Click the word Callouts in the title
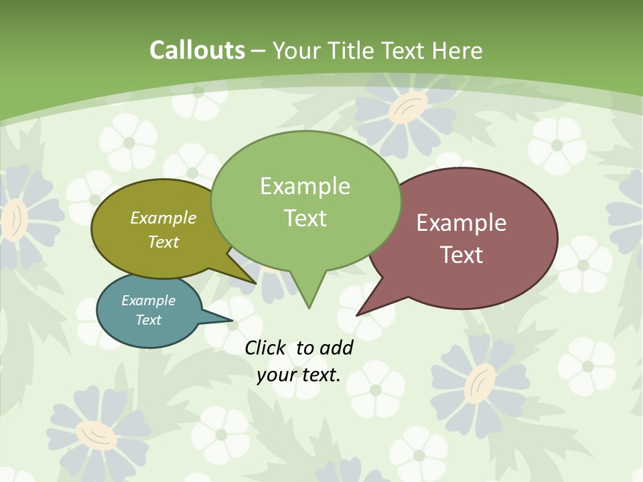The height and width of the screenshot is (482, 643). pos(197,50)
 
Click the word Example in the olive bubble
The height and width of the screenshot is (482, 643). pos(163,218)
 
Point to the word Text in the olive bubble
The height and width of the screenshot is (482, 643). pos(163,242)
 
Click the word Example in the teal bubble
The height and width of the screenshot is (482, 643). pos(148,301)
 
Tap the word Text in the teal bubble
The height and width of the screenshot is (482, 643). pos(148,320)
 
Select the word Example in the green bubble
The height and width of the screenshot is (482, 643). pos(305,185)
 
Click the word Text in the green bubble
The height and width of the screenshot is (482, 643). pos(305,218)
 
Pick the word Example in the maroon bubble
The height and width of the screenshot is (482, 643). pos(461,222)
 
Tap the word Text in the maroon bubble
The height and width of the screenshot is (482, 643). pos(461,254)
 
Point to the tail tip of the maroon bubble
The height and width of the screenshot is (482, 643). pos(358,314)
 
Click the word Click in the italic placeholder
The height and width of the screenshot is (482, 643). pos(266,347)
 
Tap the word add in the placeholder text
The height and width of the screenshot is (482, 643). pos(336,347)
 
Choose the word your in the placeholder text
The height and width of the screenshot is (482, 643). pos(275,375)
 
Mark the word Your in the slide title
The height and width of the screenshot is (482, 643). pos(296,50)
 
